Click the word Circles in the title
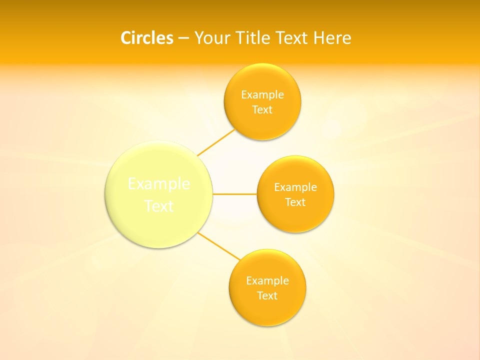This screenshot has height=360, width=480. pos(146,38)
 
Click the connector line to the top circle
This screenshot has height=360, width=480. pos(216,142)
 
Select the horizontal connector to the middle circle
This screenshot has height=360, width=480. pos(234,194)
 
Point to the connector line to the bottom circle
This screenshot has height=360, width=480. pos(219,246)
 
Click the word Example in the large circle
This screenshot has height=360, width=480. pos(159,184)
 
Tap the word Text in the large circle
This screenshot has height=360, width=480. pos(159,206)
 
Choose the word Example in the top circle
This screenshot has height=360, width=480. pos(262,95)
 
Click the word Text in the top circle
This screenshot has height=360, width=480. pos(262,110)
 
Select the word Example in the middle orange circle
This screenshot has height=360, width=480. pos(295,187)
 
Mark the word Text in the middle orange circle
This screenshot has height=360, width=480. pos(295,202)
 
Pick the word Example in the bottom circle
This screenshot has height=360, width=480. pos(267,281)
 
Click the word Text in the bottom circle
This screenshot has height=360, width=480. pos(267,296)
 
